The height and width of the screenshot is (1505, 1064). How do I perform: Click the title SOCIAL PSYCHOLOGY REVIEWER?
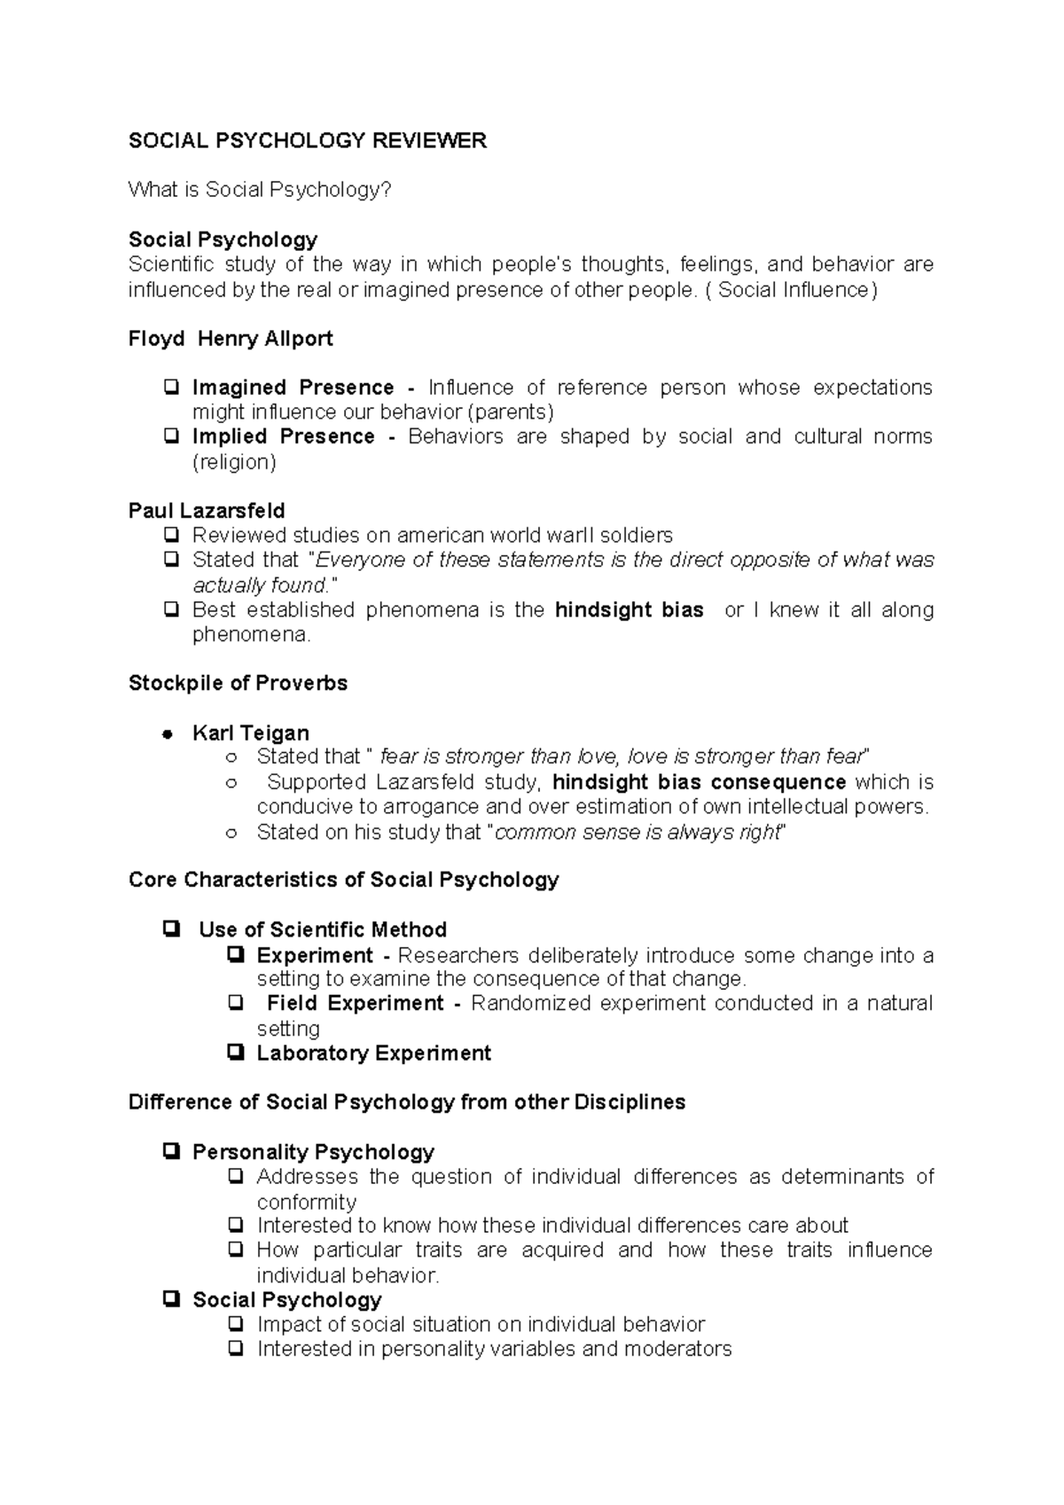[307, 141]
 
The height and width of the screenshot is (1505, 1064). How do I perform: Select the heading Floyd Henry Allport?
[231, 339]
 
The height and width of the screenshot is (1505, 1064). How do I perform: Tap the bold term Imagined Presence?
[293, 388]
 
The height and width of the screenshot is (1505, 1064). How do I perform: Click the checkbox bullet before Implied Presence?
[170, 436]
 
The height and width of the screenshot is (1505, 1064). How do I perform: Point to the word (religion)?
[234, 462]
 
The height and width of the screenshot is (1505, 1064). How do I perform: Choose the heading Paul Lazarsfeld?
[207, 511]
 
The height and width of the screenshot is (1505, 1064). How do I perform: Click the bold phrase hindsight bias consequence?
[699, 782]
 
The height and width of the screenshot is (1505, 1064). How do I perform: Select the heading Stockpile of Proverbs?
[238, 683]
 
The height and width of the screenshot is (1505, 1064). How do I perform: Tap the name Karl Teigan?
[250, 733]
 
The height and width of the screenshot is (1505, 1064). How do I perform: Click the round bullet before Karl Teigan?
[166, 734]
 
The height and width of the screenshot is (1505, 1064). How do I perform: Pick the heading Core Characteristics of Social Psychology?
[343, 880]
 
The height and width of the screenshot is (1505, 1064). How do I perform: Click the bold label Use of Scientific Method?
[322, 929]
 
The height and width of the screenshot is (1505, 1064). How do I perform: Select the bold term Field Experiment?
[355, 1003]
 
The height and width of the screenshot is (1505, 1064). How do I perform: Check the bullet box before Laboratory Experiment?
[235, 1053]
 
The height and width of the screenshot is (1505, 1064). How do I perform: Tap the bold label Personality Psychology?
[313, 1152]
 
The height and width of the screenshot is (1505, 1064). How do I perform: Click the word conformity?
[306, 1203]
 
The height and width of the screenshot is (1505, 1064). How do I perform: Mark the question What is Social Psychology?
[259, 190]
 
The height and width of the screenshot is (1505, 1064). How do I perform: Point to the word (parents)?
[510, 412]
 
